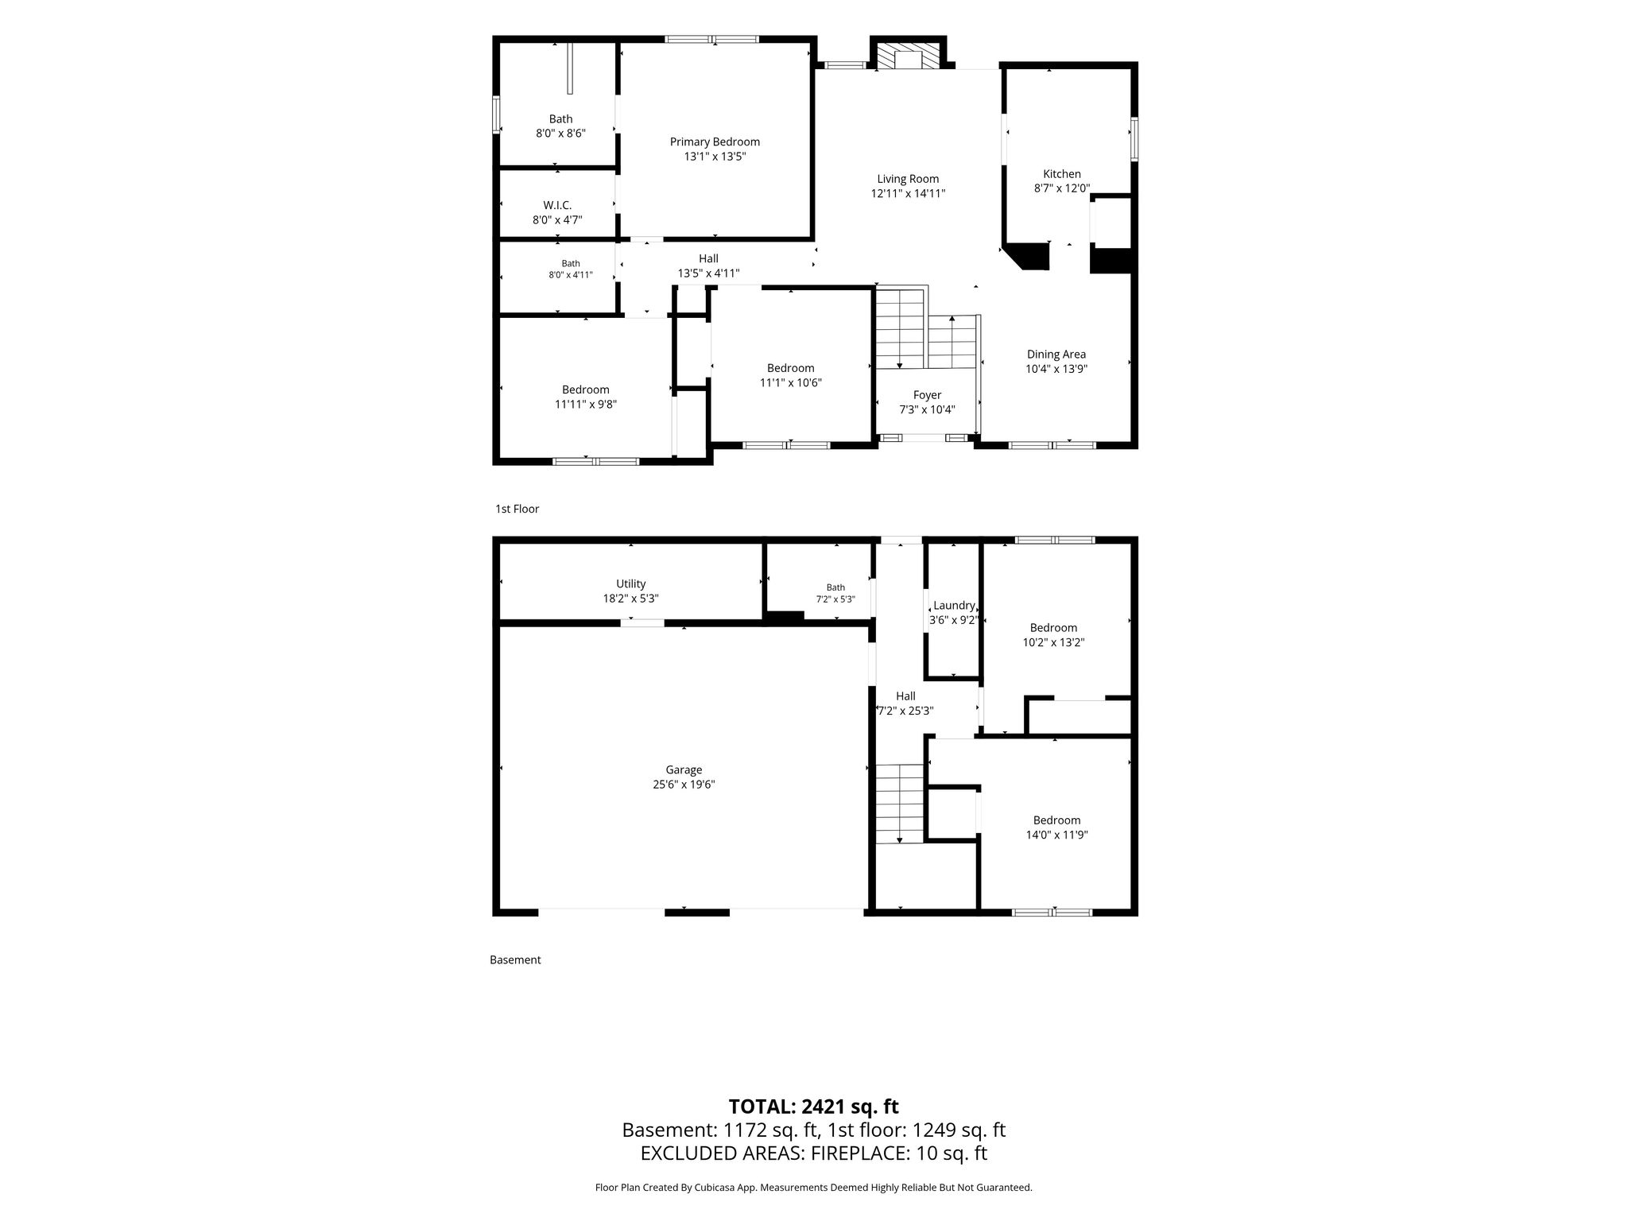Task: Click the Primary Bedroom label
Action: click(x=715, y=142)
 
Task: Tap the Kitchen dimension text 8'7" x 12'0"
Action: click(x=1062, y=188)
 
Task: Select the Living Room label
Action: click(x=908, y=179)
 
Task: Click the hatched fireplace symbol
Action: click(x=908, y=56)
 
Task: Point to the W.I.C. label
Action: click(x=557, y=205)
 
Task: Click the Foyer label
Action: click(x=927, y=395)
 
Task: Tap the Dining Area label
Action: click(x=1056, y=355)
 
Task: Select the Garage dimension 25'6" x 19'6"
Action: click(x=684, y=785)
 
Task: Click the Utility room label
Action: click(x=631, y=584)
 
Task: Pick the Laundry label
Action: click(x=954, y=606)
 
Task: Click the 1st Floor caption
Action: click(x=517, y=509)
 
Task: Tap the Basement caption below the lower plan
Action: click(x=515, y=959)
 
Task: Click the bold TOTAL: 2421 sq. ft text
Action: click(x=813, y=1107)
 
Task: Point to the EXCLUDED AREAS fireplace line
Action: click(x=814, y=1153)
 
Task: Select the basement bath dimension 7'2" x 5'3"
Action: click(x=835, y=599)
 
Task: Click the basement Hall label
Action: click(x=905, y=696)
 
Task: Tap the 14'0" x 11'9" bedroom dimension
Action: click(x=1056, y=835)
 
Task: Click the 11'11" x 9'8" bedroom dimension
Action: click(x=586, y=404)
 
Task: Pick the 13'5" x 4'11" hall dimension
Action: click(x=708, y=273)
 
